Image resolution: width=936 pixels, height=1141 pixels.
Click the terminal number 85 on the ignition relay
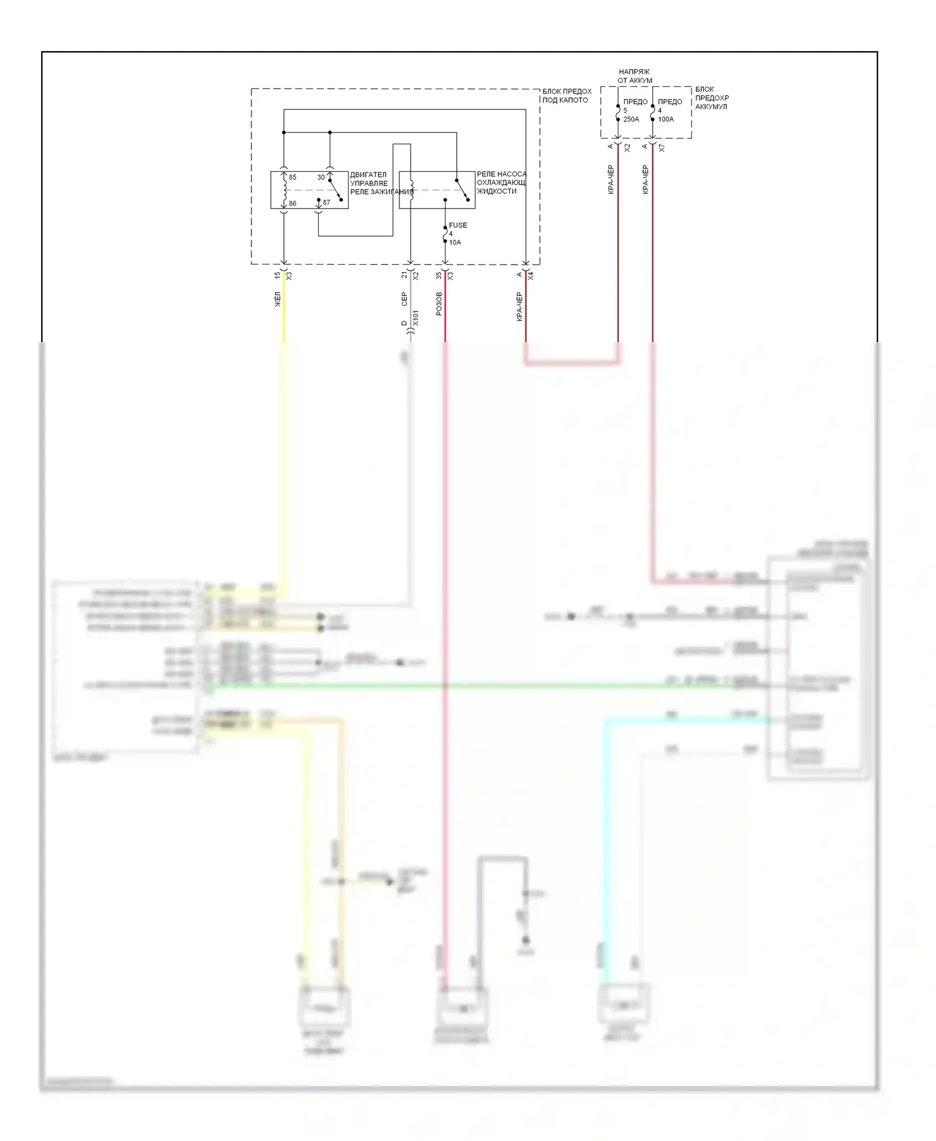click(x=293, y=177)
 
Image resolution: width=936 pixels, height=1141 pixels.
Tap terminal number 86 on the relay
click(x=293, y=203)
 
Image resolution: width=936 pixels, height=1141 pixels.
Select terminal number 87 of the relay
click(x=326, y=203)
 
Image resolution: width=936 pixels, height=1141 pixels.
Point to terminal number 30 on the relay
click(x=321, y=177)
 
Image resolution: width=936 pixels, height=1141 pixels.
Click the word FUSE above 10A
click(x=458, y=225)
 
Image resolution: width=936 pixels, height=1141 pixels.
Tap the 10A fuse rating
click(x=455, y=242)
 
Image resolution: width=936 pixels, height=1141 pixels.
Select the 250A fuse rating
click(x=631, y=119)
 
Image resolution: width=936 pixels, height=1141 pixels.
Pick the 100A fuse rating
click(x=666, y=119)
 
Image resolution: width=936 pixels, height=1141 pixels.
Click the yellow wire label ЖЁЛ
click(x=278, y=299)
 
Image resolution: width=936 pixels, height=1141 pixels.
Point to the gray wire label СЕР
click(x=404, y=299)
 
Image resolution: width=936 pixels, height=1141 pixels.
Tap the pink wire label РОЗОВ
click(x=439, y=303)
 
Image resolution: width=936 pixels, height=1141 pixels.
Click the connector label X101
click(x=416, y=318)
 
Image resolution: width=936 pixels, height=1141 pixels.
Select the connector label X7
click(x=662, y=148)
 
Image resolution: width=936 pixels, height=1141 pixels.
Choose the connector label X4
click(x=531, y=275)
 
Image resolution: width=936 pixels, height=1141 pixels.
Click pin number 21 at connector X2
click(x=404, y=275)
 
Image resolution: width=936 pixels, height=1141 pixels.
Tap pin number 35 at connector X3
click(x=439, y=275)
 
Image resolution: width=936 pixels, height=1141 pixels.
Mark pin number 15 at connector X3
click(x=278, y=275)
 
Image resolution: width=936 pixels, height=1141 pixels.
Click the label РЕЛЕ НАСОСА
click(x=501, y=174)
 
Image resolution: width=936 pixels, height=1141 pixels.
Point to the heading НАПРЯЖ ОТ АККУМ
click(x=635, y=76)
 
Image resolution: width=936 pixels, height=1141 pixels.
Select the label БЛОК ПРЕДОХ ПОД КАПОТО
click(x=567, y=95)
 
